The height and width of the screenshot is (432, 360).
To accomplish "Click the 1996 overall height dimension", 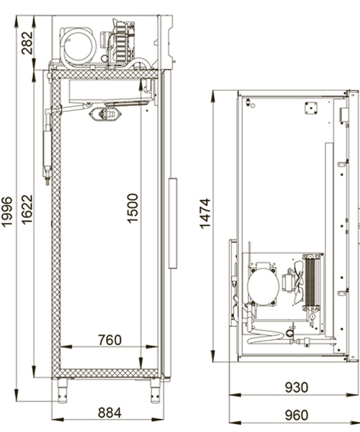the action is point(6,212).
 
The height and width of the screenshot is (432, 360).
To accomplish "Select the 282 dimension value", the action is point(27,43).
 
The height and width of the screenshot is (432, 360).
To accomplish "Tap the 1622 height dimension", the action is point(27,210).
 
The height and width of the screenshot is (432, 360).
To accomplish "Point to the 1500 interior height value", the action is point(132,208).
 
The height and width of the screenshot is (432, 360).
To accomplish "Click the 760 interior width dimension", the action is point(109,340).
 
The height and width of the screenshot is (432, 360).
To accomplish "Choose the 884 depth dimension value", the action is point(109,413).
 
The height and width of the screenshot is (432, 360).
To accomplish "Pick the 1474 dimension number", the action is point(205,214).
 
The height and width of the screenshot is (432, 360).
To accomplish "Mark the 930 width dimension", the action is point(297,387).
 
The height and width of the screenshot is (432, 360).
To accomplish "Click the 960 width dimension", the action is point(297,415).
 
